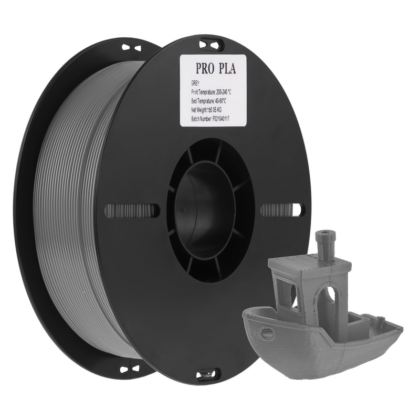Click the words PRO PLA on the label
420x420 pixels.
216,69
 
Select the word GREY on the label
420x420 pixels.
195,84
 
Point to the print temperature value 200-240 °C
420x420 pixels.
224,92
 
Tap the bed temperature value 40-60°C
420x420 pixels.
220,101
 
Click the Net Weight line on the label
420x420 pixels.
206,110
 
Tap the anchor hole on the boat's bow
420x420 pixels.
268,332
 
